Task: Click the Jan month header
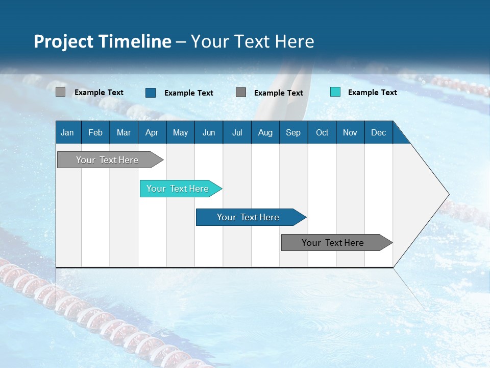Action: tap(68, 132)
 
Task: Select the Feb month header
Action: tap(95, 132)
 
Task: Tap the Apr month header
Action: tap(152, 132)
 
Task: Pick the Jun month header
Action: tap(208, 132)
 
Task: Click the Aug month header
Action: tap(265, 132)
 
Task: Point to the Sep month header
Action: tap(293, 132)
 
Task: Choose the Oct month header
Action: tap(322, 132)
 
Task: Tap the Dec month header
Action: tap(378, 132)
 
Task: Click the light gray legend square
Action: tap(60, 92)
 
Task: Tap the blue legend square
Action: tap(151, 93)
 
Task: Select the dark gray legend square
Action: tap(241, 92)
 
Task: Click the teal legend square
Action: tap(335, 92)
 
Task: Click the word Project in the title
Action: tap(63, 41)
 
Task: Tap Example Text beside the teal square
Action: tap(372, 92)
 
